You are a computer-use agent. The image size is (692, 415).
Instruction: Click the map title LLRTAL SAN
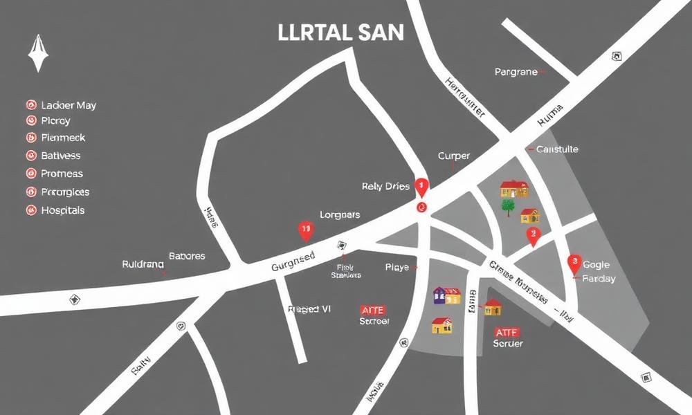[340, 34]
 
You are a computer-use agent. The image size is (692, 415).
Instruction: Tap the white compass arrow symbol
[36, 53]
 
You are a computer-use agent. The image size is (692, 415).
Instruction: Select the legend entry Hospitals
[62, 210]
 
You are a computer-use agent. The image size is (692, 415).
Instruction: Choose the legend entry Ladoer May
[69, 105]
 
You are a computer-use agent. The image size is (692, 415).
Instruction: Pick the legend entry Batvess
[61, 156]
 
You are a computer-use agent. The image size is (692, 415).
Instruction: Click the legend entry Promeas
[62, 174]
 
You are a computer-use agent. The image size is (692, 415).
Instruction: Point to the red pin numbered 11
[304, 230]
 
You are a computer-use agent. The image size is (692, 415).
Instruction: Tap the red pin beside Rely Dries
[421, 185]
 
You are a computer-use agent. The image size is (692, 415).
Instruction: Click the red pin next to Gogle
[574, 263]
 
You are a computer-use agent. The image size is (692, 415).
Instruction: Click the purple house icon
[440, 295]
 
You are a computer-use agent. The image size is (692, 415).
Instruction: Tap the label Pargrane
[516, 72]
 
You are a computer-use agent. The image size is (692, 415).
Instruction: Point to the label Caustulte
[558, 149]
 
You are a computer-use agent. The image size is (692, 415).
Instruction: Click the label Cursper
[454, 156]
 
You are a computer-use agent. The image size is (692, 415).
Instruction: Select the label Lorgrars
[339, 215]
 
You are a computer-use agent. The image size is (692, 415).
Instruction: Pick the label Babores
[187, 256]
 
